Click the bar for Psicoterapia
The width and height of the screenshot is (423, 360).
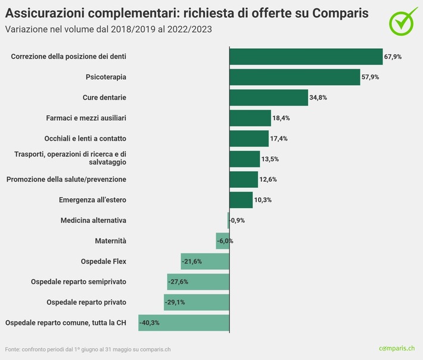pyautogui.click(x=295, y=77)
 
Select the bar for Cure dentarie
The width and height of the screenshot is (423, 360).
pyautogui.click(x=269, y=97)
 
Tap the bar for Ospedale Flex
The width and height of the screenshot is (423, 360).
pyautogui.click(x=205, y=261)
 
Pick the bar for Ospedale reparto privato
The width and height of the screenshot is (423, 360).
pyautogui.click(x=197, y=302)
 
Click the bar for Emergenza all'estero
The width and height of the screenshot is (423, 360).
pyautogui.click(x=241, y=200)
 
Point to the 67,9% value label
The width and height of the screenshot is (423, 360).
pyautogui.click(x=393, y=57)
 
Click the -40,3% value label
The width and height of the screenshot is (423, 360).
pyautogui.click(x=150, y=322)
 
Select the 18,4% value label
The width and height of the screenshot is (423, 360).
pyautogui.click(x=282, y=118)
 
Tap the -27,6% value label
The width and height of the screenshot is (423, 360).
pyautogui.click(x=179, y=281)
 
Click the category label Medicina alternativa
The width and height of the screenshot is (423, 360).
pyautogui.click(x=93, y=221)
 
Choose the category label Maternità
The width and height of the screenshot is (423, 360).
pyautogui.click(x=110, y=241)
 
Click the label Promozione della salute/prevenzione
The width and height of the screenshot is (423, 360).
pyautogui.click(x=66, y=179)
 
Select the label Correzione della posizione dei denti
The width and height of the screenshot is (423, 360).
pyautogui.click(x=69, y=57)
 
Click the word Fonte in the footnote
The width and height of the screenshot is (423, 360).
pyautogui.click(x=13, y=349)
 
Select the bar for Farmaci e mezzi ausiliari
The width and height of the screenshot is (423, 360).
pyautogui.click(x=250, y=118)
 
